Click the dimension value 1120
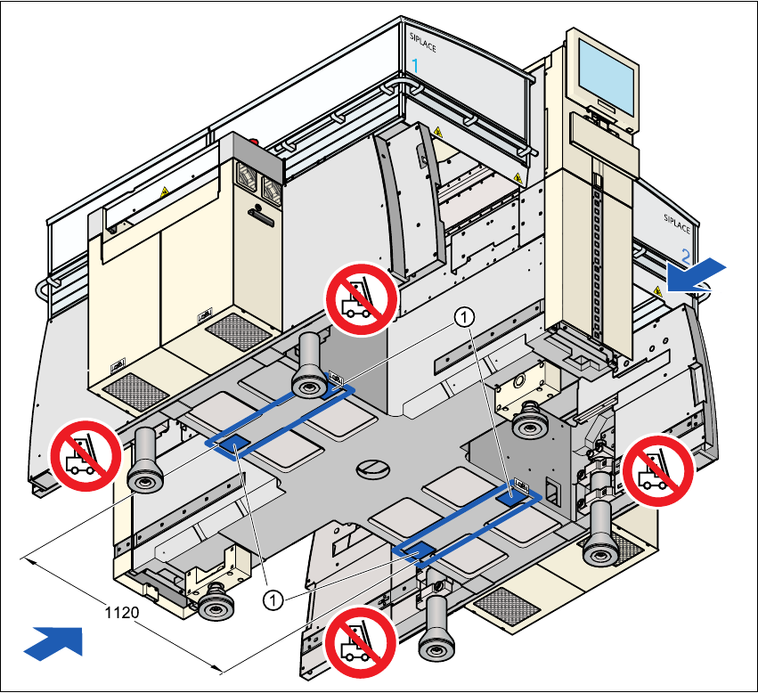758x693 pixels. click(122, 613)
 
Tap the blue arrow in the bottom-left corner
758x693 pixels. click(54, 642)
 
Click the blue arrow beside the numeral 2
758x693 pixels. click(697, 274)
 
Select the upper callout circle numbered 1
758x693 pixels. click(464, 317)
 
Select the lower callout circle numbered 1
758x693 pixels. click(273, 600)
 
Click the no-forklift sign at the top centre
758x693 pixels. click(361, 299)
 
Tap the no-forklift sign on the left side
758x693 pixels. click(86, 455)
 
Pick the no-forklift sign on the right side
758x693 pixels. click(658, 470)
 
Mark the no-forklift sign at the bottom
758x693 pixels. click(360, 641)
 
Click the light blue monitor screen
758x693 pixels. click(607, 74)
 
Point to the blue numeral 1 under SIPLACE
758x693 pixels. click(415, 65)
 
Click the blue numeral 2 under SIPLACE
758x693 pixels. click(686, 256)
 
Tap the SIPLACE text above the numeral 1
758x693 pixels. click(422, 42)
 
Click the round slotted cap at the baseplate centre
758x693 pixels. click(372, 469)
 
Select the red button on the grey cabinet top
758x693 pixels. click(254, 143)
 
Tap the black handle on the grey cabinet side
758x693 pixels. click(261, 216)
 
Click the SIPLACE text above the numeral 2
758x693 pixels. click(677, 223)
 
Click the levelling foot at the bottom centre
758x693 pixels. click(436, 628)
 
